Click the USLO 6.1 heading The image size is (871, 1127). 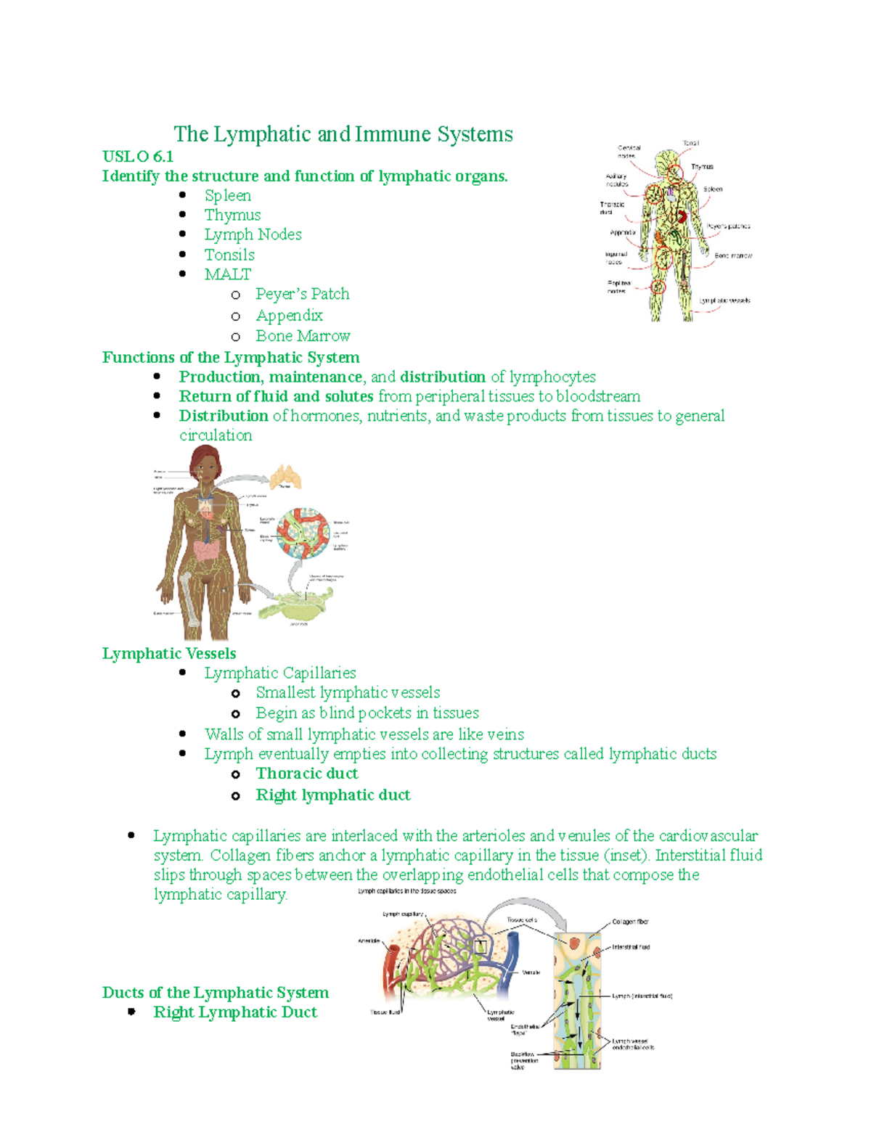[138, 157]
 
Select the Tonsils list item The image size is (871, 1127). [229, 255]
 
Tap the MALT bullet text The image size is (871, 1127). [227, 274]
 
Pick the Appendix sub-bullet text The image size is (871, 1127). [289, 316]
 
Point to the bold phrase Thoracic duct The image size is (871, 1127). [307, 774]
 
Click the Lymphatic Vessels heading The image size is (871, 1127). [169, 654]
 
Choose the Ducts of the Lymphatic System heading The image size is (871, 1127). [216, 993]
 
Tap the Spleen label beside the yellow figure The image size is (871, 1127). [713, 189]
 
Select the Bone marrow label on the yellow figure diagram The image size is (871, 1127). [733, 256]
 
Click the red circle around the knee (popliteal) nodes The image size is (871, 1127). [658, 286]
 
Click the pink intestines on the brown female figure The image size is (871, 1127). [209, 553]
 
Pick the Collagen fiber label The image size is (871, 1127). [630, 922]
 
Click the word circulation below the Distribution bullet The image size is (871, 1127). [216, 435]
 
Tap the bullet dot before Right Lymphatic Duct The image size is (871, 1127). [131, 1012]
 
